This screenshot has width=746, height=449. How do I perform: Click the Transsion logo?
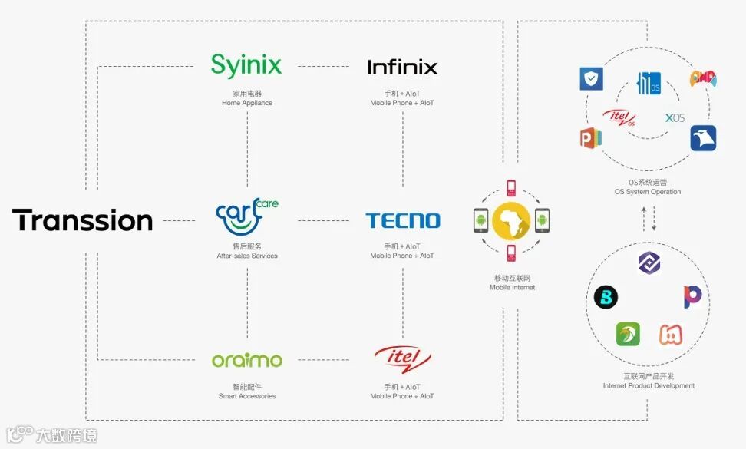tap(82, 220)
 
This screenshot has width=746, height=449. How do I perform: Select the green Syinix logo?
tap(246, 65)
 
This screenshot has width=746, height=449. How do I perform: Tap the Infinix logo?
tap(402, 68)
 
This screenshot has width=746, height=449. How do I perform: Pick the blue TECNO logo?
tap(403, 221)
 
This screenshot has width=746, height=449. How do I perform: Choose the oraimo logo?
tap(247, 360)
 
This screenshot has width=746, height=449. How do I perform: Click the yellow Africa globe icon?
tap(511, 221)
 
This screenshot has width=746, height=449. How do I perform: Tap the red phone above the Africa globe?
tap(512, 188)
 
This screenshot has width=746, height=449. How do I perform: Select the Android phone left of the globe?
tap(481, 221)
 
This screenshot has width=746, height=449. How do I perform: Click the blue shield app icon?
tap(591, 78)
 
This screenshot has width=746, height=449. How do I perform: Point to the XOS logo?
tap(675, 117)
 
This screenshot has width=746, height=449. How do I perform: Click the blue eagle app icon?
tap(702, 138)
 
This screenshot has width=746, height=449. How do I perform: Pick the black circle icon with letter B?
tap(606, 297)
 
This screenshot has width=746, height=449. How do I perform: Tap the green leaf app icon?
tap(627, 334)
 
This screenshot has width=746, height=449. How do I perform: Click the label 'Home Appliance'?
tap(247, 103)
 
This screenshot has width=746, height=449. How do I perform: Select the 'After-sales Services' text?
tap(247, 256)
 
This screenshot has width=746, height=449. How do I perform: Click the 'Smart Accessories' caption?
tap(247, 396)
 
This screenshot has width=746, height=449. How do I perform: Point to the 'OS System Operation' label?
tap(649, 192)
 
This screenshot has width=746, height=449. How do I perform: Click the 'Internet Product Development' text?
tap(649, 385)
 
